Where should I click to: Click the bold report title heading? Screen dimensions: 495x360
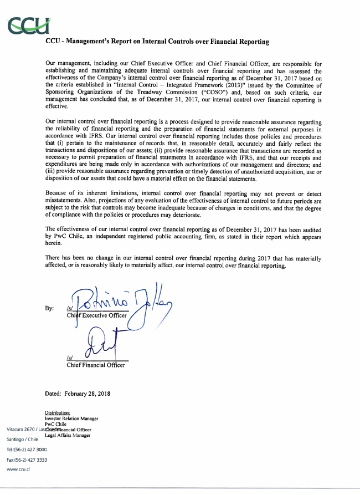[x=157, y=42]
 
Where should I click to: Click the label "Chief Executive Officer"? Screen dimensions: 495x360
[x=96, y=315]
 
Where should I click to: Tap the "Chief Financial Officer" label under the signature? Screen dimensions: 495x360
[x=95, y=365]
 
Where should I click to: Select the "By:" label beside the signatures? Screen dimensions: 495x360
[x=50, y=308]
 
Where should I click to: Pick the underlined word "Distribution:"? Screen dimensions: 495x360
[x=57, y=413]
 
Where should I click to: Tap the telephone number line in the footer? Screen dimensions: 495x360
[x=26, y=450]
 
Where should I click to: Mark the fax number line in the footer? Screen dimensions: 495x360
[x=26, y=460]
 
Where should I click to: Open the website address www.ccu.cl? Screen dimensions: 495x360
[x=18, y=470]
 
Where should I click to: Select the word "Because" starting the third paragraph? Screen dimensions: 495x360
[x=57, y=193]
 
